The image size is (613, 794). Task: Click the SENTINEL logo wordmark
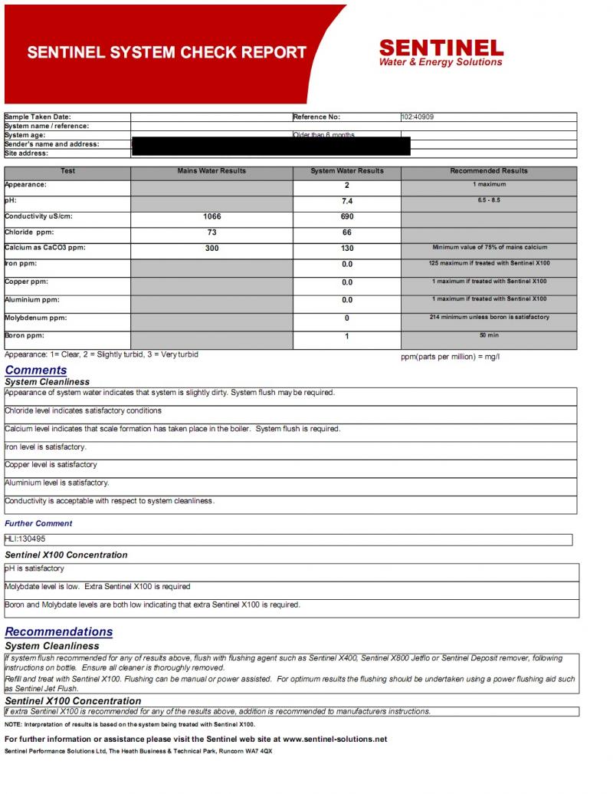click(x=441, y=48)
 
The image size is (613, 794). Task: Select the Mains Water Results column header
click(x=211, y=171)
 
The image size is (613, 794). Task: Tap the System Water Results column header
click(x=347, y=171)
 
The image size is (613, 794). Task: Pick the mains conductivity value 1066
click(x=211, y=217)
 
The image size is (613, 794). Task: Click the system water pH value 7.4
click(x=347, y=201)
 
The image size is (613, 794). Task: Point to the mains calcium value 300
click(x=211, y=249)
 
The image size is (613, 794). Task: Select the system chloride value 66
click(x=347, y=232)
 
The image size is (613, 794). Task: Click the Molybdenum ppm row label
click(x=36, y=318)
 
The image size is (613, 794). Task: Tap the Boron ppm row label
click(x=25, y=335)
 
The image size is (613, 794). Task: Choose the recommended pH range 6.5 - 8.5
click(x=489, y=199)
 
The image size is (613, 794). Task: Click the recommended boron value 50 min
click(x=489, y=335)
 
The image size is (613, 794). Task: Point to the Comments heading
click(x=36, y=371)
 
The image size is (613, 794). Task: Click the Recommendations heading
click(x=59, y=632)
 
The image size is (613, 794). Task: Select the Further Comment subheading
click(x=38, y=524)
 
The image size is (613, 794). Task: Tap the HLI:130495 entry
click(x=25, y=539)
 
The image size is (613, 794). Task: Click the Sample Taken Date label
click(x=38, y=117)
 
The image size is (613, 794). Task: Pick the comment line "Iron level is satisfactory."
click(x=46, y=447)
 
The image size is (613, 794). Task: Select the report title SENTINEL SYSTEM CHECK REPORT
click(x=167, y=53)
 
